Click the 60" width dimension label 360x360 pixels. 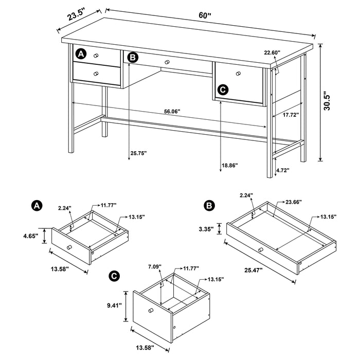205,15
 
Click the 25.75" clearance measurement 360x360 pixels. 138,153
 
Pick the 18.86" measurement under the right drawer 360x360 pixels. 230,165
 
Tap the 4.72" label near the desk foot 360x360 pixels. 283,169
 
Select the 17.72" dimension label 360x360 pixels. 291,116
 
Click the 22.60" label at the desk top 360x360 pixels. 272,52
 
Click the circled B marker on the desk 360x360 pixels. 133,58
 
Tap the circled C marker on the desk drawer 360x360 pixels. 222,89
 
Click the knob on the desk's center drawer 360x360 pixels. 167,62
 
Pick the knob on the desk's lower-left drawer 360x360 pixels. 95,75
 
